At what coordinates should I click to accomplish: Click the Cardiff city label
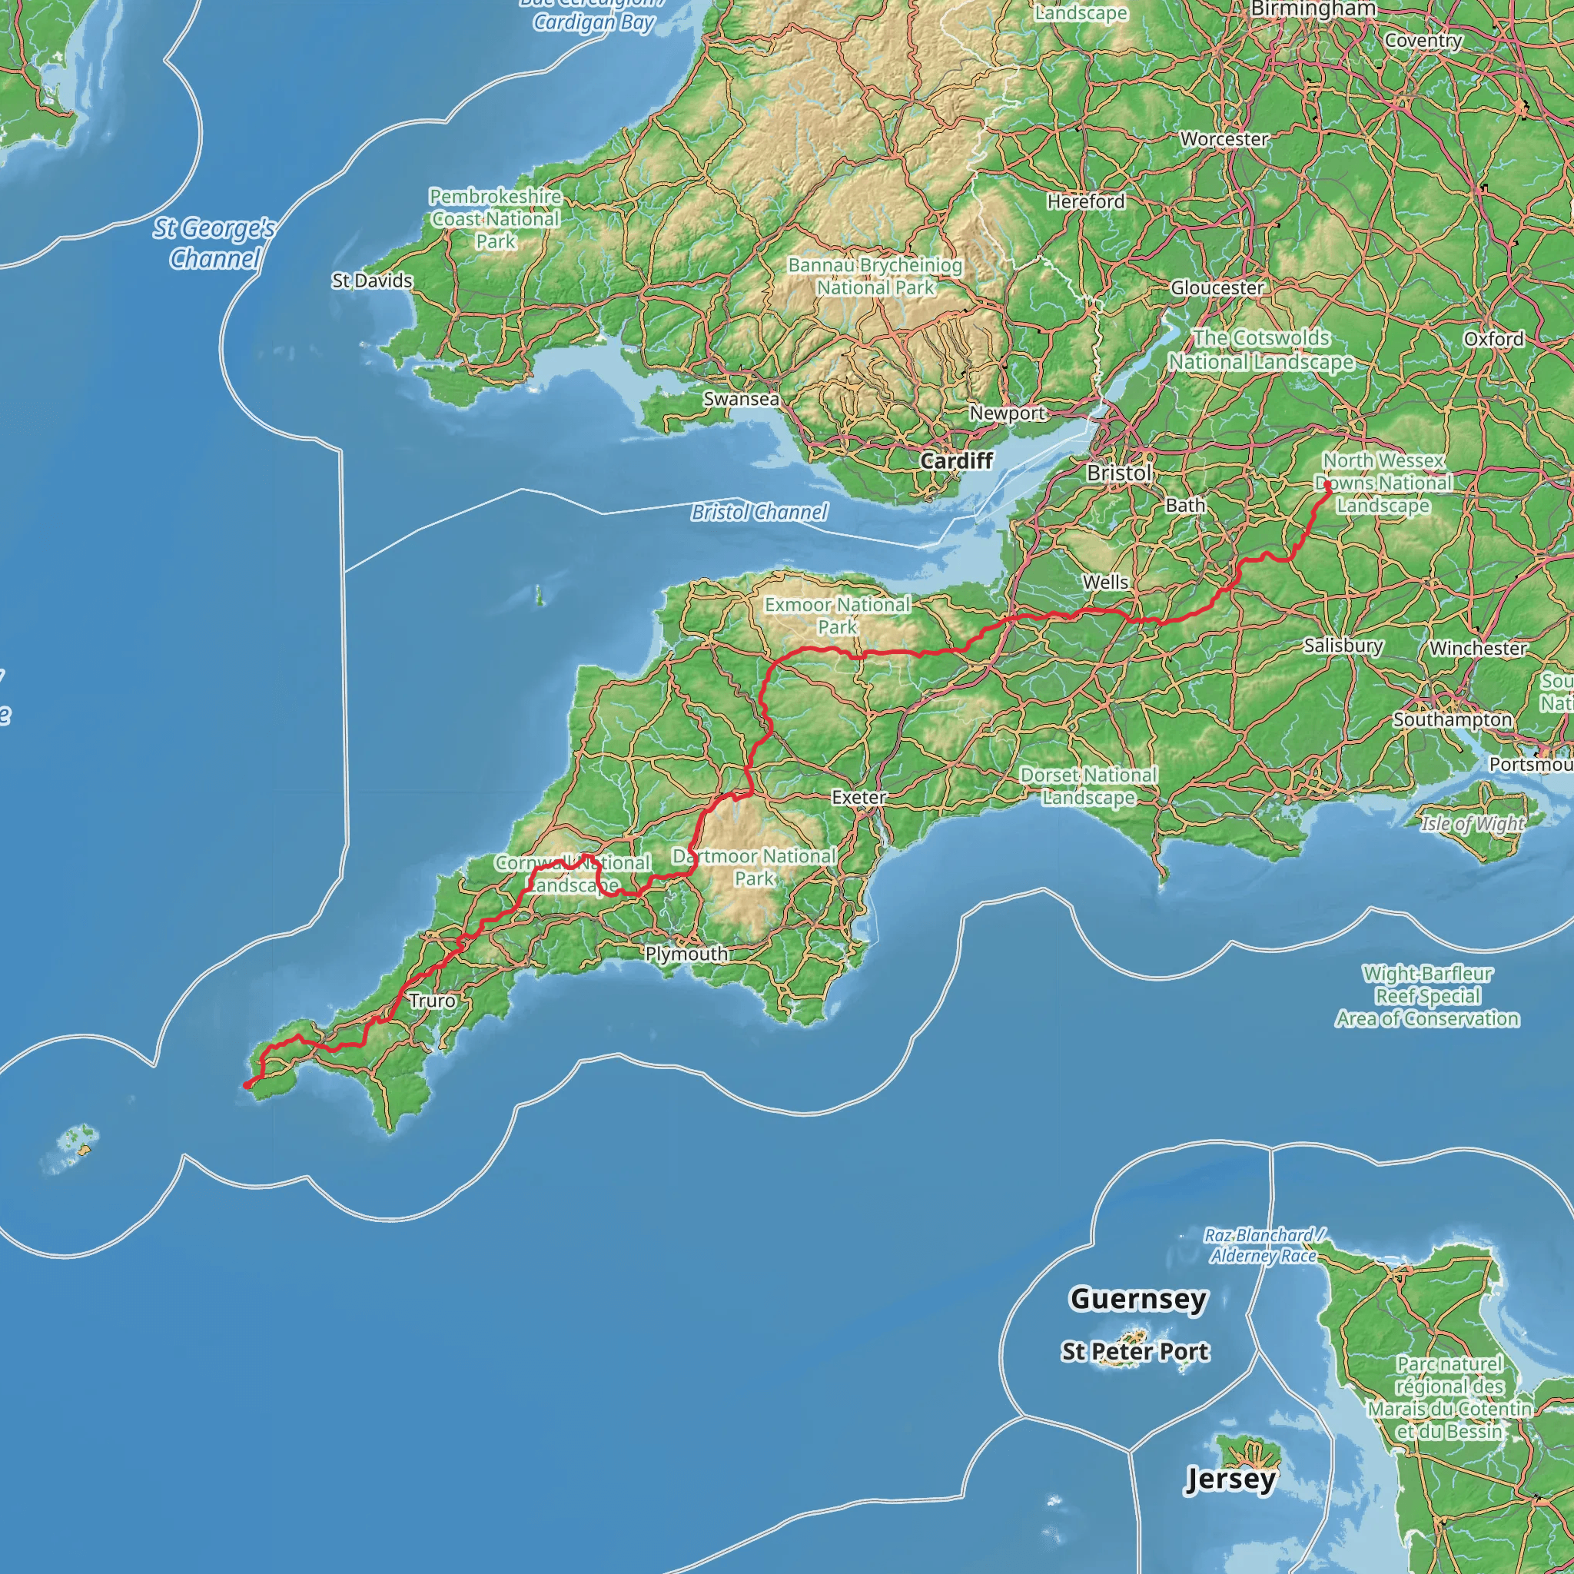tap(956, 460)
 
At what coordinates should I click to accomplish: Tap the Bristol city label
tap(1119, 473)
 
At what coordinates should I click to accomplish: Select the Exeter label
tap(858, 797)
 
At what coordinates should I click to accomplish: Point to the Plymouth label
tap(686, 953)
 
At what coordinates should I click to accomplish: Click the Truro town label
tap(432, 1001)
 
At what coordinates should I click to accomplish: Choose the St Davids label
tap(371, 281)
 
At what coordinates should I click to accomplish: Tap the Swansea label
tap(741, 399)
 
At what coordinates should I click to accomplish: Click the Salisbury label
tap(1343, 646)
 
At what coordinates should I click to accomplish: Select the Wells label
tap(1105, 582)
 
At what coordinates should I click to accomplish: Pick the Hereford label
tap(1085, 201)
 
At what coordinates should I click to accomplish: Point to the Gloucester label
tap(1217, 287)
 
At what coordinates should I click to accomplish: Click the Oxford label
tap(1493, 339)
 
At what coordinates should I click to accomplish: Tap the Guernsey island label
tap(1137, 1298)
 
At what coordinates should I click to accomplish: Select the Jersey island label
tap(1230, 1479)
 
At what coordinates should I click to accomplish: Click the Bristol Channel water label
tap(759, 512)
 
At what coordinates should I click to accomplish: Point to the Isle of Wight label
tap(1472, 824)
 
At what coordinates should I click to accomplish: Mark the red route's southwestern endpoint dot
tap(247, 1084)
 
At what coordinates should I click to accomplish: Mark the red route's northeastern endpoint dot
tap(1327, 484)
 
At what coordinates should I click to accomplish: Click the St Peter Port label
tap(1135, 1351)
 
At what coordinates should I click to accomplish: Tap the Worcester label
tap(1224, 139)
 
